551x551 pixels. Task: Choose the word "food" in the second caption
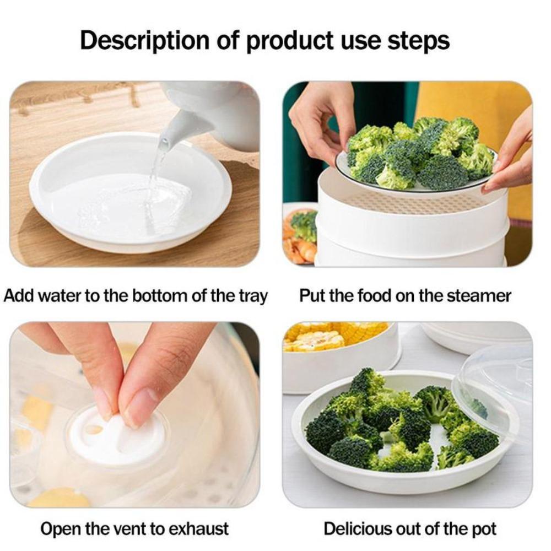tap(374, 296)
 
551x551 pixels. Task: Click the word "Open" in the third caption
tap(60, 529)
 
